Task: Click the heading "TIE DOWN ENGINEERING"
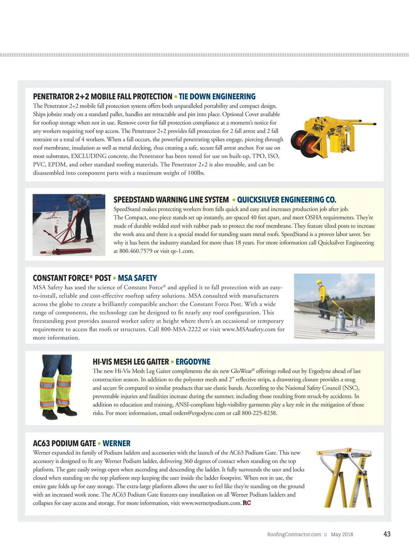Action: (217, 97)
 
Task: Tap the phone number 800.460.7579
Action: (136, 251)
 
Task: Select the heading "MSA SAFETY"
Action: (137, 278)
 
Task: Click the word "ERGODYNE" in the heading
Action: (193, 362)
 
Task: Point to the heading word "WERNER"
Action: (117, 443)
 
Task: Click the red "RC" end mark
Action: (247, 503)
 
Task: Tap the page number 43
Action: (387, 534)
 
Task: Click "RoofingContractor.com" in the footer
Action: (294, 534)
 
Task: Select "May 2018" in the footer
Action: (342, 534)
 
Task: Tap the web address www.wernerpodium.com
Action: (211, 503)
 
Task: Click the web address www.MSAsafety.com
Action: (249, 329)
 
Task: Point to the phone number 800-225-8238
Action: (259, 413)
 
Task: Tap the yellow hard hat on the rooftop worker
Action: (319, 282)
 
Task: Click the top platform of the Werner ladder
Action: (344, 453)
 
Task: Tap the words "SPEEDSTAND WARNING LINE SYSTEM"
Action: (171, 200)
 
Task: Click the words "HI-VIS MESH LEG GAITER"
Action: (131, 362)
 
